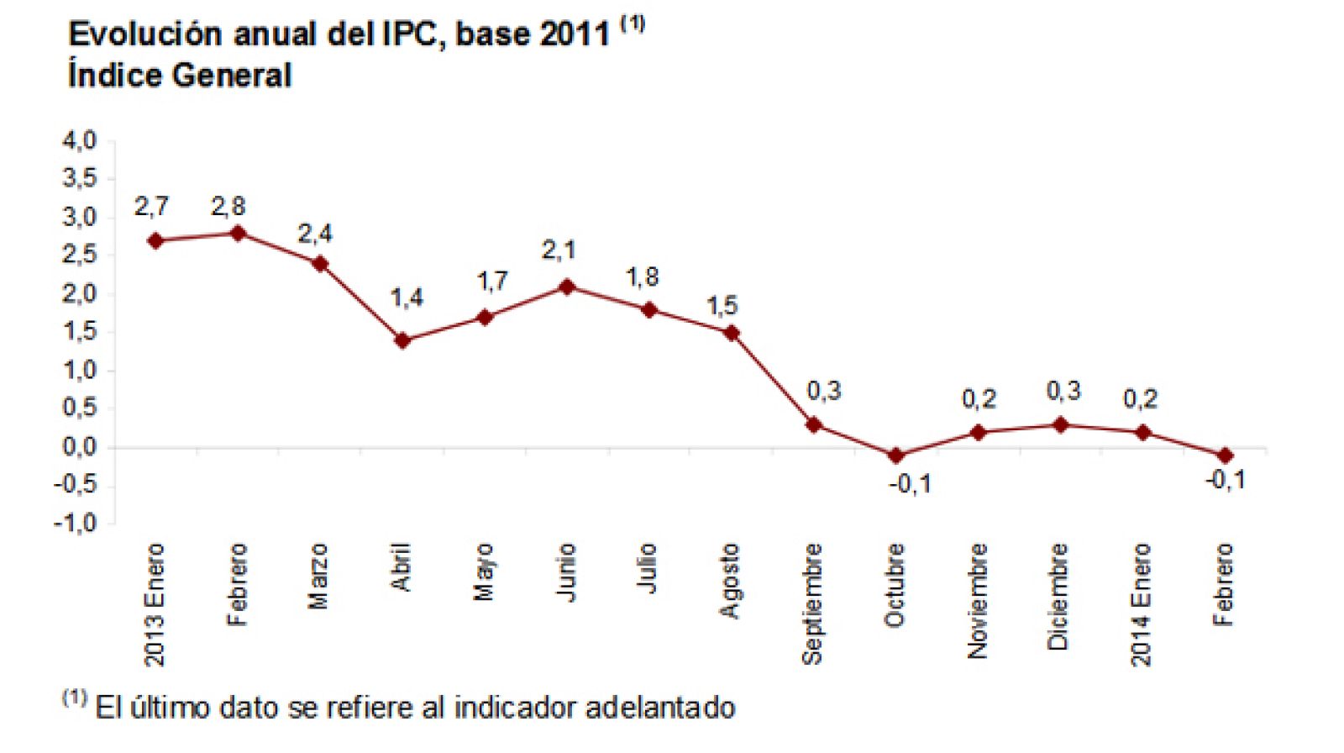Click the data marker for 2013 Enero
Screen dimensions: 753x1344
(x=155, y=240)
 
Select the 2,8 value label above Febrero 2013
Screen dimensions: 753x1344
(x=228, y=207)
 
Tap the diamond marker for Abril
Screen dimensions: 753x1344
(x=402, y=340)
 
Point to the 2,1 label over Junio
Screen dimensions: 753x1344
(x=559, y=250)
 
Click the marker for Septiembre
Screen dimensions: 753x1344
(x=813, y=424)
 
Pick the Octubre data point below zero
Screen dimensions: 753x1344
(x=895, y=455)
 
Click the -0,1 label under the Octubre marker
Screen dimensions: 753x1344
(x=911, y=485)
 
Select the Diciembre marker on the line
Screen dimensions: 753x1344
(x=1060, y=424)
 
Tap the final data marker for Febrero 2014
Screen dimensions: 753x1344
(x=1225, y=455)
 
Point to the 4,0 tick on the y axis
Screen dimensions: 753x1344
(x=79, y=140)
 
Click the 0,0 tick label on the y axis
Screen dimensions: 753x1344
(x=79, y=447)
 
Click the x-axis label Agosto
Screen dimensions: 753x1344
(x=730, y=581)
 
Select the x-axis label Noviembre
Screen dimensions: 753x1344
(x=977, y=600)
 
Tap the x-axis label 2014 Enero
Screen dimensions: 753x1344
(x=1140, y=604)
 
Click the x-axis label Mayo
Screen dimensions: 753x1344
(x=484, y=572)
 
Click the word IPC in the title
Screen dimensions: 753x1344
(x=409, y=34)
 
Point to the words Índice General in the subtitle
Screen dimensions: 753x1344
(x=180, y=76)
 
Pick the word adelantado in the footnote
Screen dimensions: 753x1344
(x=660, y=708)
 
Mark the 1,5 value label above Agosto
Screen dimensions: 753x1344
(x=722, y=306)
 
